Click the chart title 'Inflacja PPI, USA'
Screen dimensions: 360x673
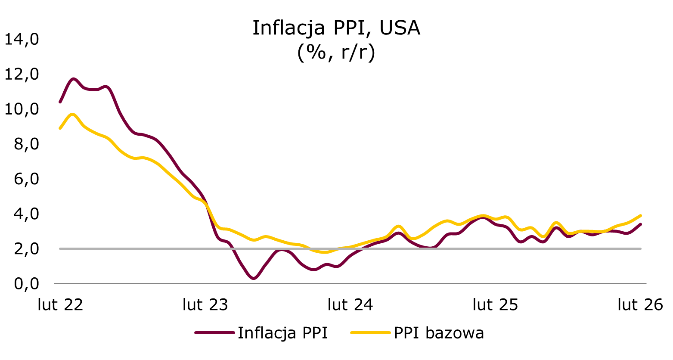coord(336,28)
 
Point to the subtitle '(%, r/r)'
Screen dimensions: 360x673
coord(336,53)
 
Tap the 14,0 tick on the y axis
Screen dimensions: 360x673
coord(21,40)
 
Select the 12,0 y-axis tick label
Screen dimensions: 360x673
coord(21,74)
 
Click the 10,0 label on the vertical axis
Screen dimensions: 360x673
coord(21,109)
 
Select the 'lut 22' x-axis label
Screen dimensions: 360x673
coord(60,305)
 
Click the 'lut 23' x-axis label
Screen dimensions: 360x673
coord(205,305)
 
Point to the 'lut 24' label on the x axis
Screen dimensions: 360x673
coord(350,305)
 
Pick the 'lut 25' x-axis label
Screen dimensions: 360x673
coord(495,305)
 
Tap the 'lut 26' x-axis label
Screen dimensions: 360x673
coord(640,305)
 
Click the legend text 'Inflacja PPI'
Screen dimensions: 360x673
coord(282,333)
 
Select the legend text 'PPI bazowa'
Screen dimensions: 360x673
coord(439,333)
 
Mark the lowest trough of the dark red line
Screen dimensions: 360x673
coord(254,279)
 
